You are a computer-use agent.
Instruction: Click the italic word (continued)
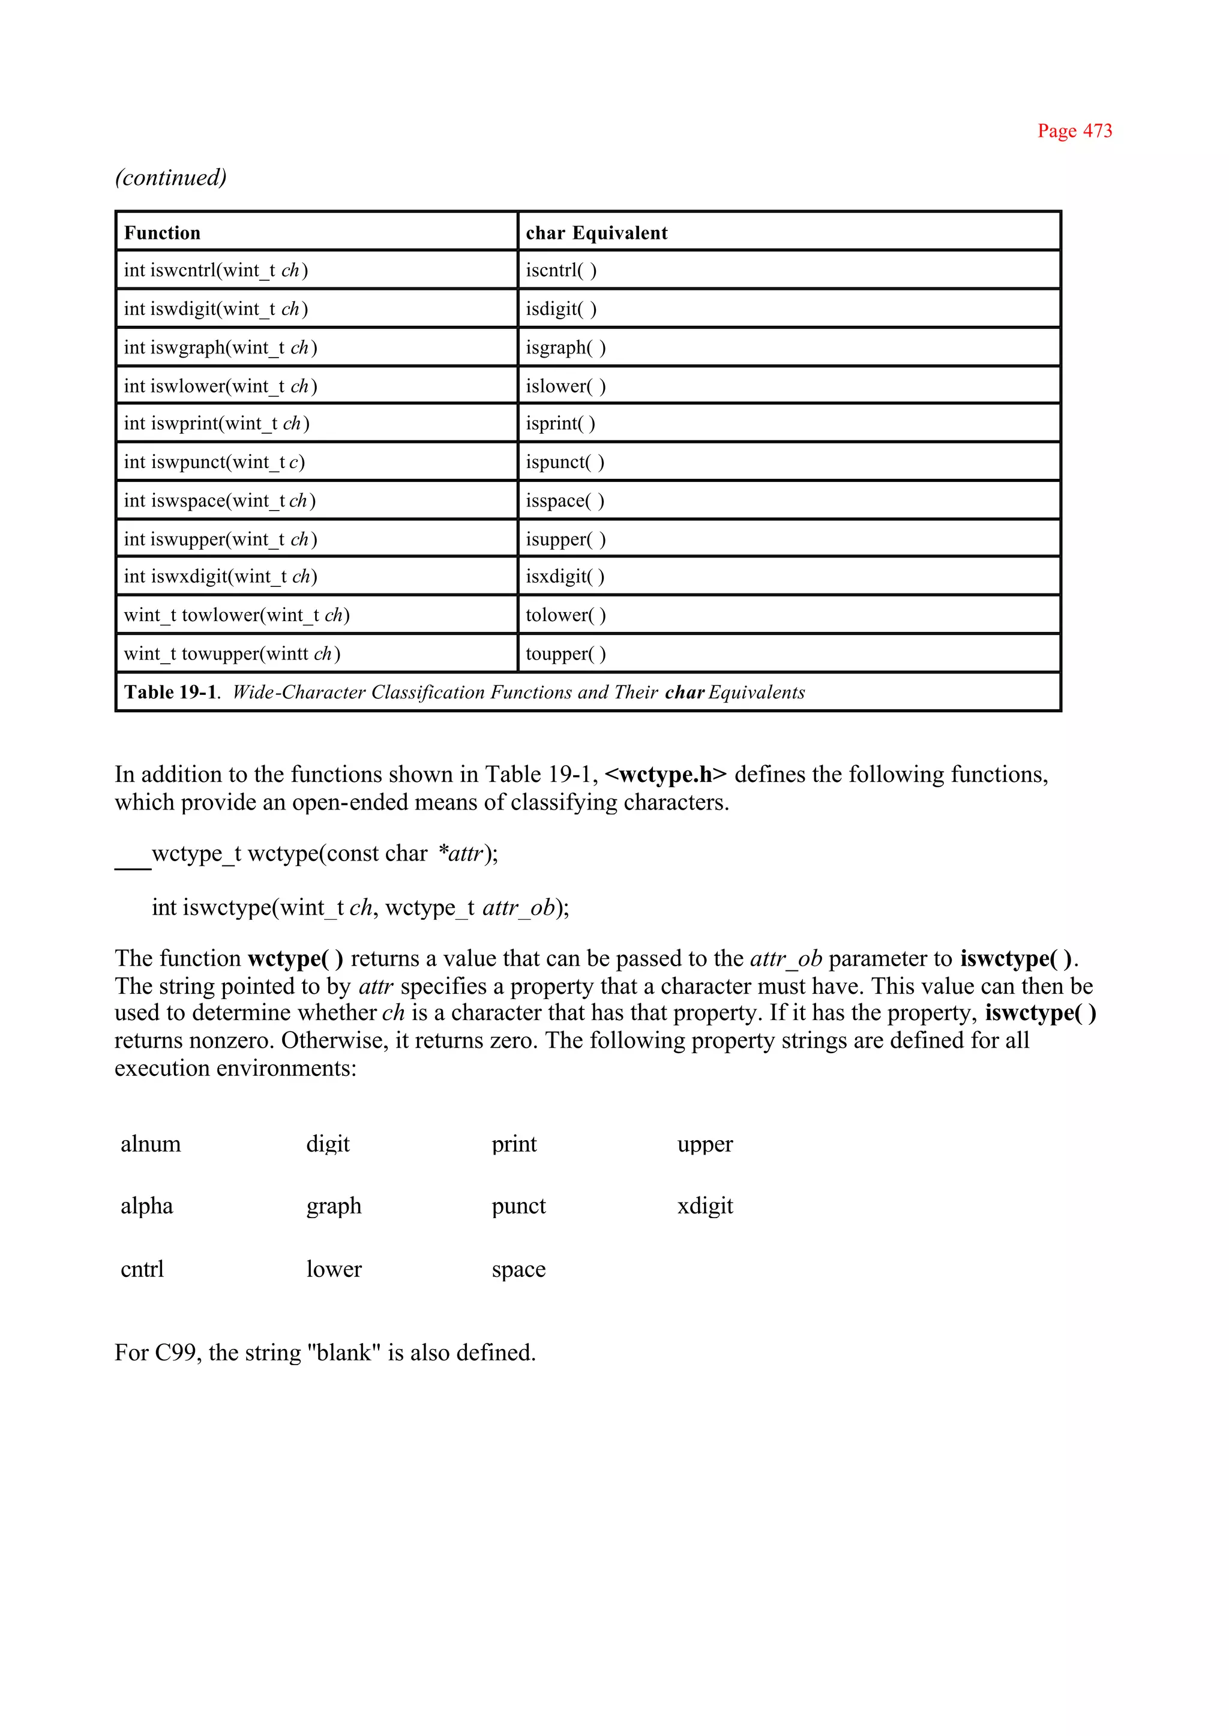click(170, 178)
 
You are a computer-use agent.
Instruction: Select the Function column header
click(162, 233)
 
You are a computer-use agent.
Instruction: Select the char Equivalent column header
click(596, 233)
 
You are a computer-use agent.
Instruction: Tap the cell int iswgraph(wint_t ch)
click(220, 347)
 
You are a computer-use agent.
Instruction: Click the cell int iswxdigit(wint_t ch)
click(220, 577)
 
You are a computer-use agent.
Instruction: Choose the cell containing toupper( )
click(565, 654)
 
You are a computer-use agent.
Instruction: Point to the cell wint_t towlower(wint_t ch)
click(236, 615)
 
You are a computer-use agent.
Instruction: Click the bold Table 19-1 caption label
click(170, 692)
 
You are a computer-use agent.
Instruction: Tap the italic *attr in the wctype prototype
click(460, 854)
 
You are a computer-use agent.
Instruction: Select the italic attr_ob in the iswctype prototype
click(518, 907)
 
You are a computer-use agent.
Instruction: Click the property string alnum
click(151, 1144)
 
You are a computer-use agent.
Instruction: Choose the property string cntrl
click(142, 1269)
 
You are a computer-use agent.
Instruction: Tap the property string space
click(518, 1269)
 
